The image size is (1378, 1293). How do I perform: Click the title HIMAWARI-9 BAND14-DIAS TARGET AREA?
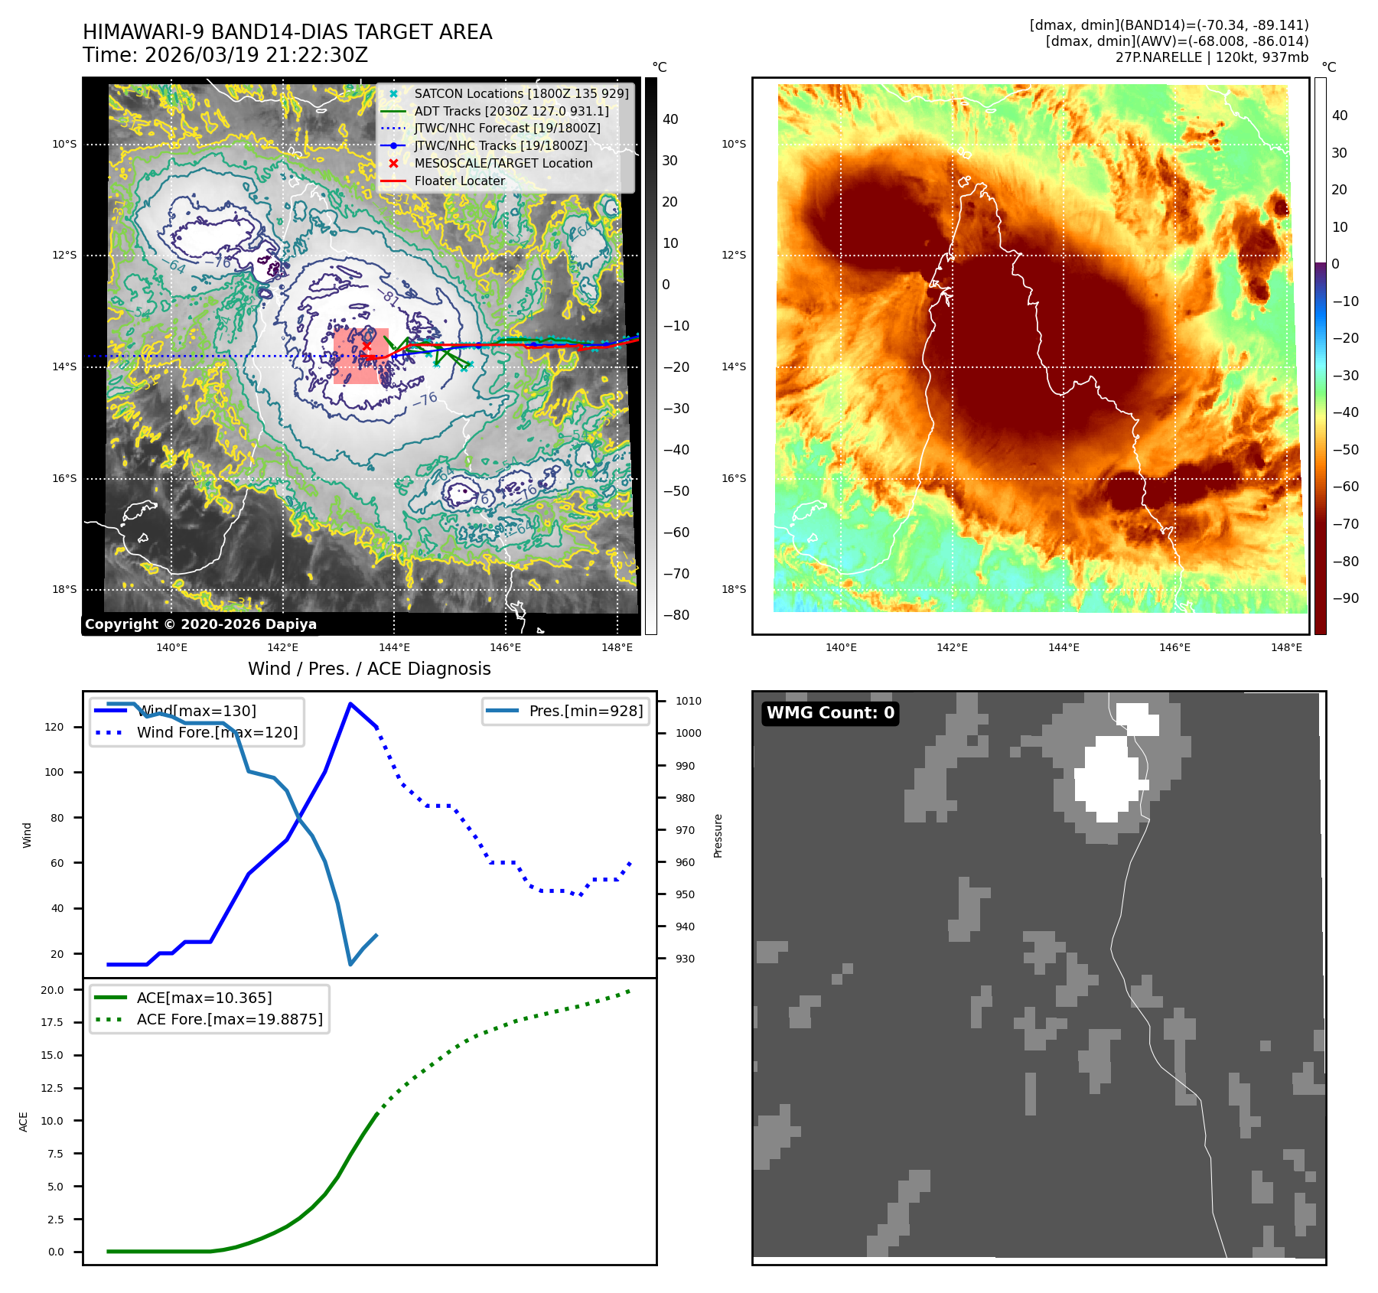tap(287, 32)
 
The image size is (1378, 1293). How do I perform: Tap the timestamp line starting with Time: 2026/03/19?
tap(225, 55)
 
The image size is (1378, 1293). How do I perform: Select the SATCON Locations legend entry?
tap(520, 93)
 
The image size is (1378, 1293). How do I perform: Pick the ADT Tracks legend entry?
tap(511, 111)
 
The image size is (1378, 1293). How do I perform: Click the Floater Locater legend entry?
tap(459, 181)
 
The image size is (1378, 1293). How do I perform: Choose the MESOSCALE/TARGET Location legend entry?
tap(503, 163)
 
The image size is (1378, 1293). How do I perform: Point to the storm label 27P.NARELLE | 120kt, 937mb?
tap(1211, 57)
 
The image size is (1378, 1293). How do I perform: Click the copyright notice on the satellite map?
tap(200, 624)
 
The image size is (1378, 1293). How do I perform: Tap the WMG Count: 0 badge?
tap(830, 713)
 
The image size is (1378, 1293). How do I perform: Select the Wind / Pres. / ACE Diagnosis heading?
tap(369, 669)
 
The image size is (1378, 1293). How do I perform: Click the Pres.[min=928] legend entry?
tap(585, 711)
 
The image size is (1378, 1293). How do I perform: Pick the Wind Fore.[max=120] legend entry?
tap(217, 732)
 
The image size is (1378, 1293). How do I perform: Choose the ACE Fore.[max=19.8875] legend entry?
tap(229, 1019)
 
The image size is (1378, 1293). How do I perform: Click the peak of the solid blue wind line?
tap(350, 704)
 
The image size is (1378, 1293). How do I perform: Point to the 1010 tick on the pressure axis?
tap(688, 701)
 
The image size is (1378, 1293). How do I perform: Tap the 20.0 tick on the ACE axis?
tap(53, 990)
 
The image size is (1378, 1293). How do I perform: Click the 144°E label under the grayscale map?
tap(394, 647)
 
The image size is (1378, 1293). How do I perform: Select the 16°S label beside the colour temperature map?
tap(734, 478)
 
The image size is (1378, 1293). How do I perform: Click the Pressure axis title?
tap(718, 835)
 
